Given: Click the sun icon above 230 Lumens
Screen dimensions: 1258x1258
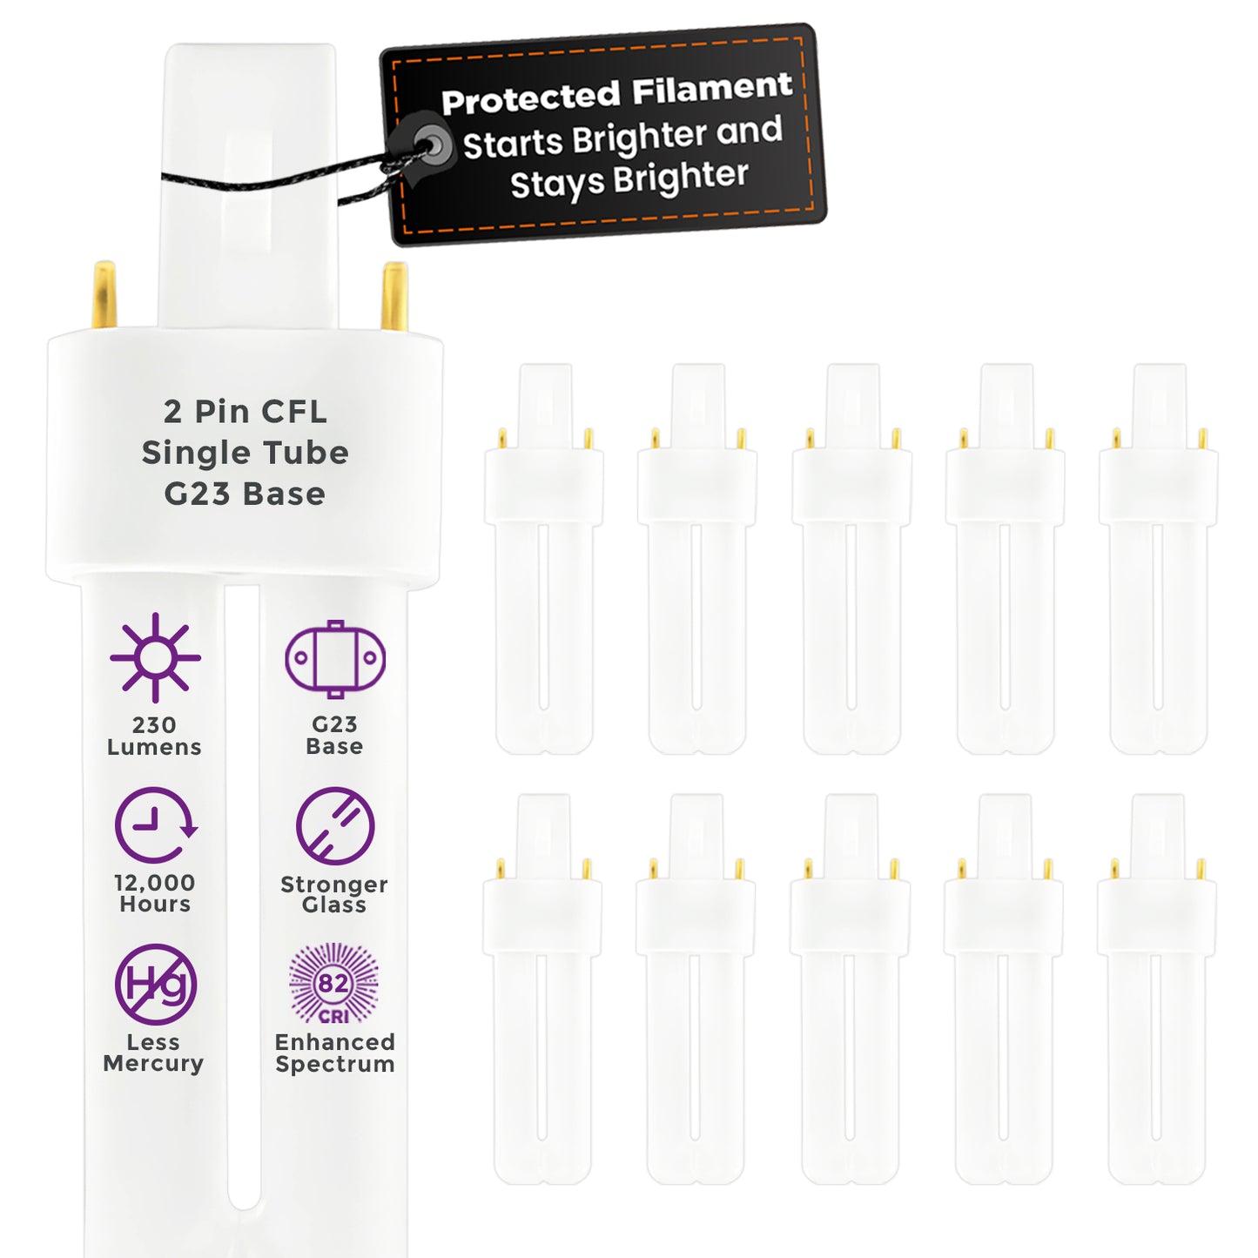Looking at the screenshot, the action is (155, 657).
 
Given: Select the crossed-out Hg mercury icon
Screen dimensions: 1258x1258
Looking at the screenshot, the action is (155, 984).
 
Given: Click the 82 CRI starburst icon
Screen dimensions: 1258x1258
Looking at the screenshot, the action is (333, 983).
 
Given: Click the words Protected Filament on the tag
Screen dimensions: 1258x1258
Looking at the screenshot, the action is (617, 93).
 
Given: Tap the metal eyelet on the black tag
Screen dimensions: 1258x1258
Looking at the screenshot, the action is (432, 145).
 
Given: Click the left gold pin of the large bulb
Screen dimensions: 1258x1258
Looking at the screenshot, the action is (104, 294).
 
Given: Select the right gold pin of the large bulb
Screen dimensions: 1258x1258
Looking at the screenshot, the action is (394, 296).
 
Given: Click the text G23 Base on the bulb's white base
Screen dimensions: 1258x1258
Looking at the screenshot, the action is (245, 494).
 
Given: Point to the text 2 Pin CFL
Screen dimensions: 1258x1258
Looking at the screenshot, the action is (245, 412).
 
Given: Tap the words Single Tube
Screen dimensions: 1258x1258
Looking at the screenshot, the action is (245, 453).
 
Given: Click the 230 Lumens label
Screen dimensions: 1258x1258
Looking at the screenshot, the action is (154, 736).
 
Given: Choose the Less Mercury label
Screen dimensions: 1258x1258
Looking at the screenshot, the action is (153, 1053).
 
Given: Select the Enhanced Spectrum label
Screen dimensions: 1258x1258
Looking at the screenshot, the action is (335, 1053).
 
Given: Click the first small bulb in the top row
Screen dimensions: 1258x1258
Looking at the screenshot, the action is (544, 559).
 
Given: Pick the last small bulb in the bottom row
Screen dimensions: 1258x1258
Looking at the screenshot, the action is (1156, 989).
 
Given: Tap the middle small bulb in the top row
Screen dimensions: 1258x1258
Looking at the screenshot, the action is (851, 559).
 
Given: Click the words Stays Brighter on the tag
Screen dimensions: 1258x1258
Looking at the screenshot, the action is (629, 180).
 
